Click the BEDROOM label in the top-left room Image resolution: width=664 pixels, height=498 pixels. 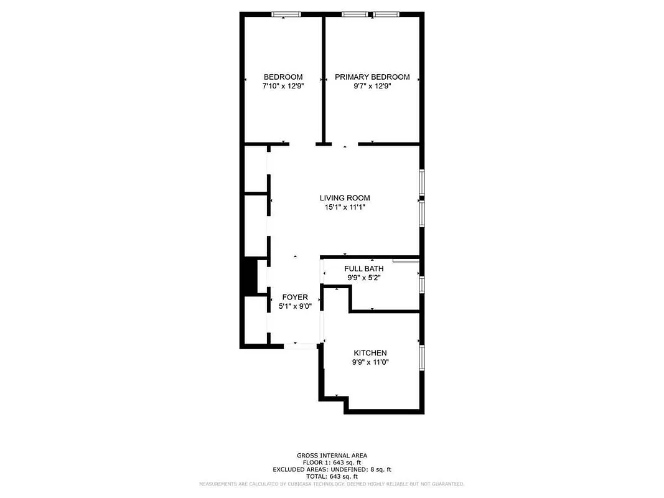[283, 77]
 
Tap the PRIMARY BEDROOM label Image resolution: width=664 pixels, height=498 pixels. [372, 77]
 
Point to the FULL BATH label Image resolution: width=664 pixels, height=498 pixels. [364, 269]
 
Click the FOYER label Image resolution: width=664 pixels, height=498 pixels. [295, 297]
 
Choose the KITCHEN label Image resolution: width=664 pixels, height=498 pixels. [370, 353]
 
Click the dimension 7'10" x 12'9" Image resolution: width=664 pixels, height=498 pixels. [283, 87]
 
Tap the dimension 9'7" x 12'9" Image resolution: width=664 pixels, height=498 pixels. [372, 87]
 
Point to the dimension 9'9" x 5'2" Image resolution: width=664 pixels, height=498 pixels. [364, 278]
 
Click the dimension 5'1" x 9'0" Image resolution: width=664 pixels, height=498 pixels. [295, 306]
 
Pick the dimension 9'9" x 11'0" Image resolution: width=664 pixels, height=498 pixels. [370, 362]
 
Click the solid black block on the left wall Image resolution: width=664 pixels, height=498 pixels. [250, 277]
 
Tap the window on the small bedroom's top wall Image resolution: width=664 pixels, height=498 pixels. [286, 14]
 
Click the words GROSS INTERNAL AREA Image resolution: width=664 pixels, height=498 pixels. [332, 455]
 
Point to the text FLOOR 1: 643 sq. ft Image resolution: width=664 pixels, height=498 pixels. [332, 463]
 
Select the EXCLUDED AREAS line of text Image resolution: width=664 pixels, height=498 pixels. [332, 469]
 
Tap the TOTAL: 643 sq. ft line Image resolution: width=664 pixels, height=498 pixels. [332, 476]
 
